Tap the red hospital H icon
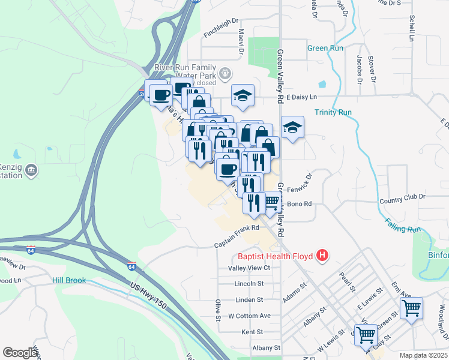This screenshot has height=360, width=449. click(x=323, y=256)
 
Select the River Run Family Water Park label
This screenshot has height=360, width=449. click(x=185, y=68)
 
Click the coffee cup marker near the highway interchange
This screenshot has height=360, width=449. click(x=161, y=94)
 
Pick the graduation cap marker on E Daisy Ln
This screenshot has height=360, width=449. click(x=243, y=95)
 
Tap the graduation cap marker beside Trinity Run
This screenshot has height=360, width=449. click(x=292, y=127)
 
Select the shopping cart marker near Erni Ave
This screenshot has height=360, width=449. click(x=411, y=308)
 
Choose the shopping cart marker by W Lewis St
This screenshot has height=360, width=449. click(x=366, y=335)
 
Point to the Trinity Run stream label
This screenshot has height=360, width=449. click(x=333, y=112)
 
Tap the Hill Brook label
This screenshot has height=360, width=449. click(x=69, y=280)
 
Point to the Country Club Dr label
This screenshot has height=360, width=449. click(x=402, y=196)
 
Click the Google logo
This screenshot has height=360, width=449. click(x=20, y=353)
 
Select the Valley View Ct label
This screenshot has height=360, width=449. click(x=249, y=268)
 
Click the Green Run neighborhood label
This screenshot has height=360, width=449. click(x=325, y=49)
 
